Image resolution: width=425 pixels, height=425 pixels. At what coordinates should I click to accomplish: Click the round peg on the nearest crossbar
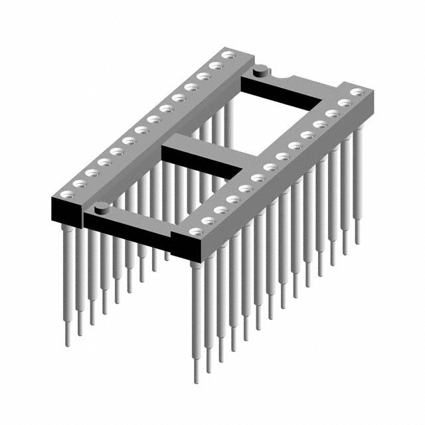pyautogui.click(x=101, y=208)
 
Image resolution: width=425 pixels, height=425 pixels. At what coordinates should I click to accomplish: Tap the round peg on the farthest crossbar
pyautogui.click(x=260, y=68)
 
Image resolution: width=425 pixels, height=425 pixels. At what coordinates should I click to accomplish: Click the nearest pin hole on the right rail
pyautogui.click(x=195, y=232)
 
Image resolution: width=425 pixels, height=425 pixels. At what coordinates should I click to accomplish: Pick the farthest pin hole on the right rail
pyautogui.click(x=357, y=92)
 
